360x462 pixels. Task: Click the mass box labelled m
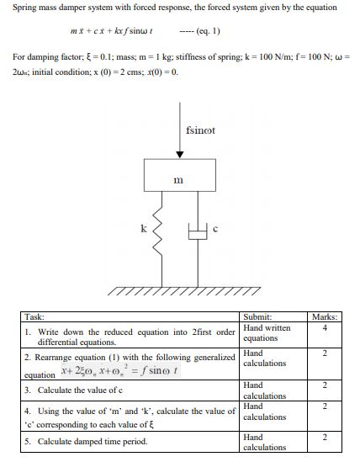(x=179, y=177)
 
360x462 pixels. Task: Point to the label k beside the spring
(x=143, y=227)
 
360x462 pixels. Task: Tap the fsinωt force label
(x=200, y=130)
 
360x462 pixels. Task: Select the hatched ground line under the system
(x=179, y=291)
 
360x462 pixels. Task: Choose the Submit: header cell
(x=257, y=316)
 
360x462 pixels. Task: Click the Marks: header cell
(x=324, y=316)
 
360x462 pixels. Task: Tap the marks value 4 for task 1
(x=324, y=327)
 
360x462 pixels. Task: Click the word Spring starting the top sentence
(x=24, y=8)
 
